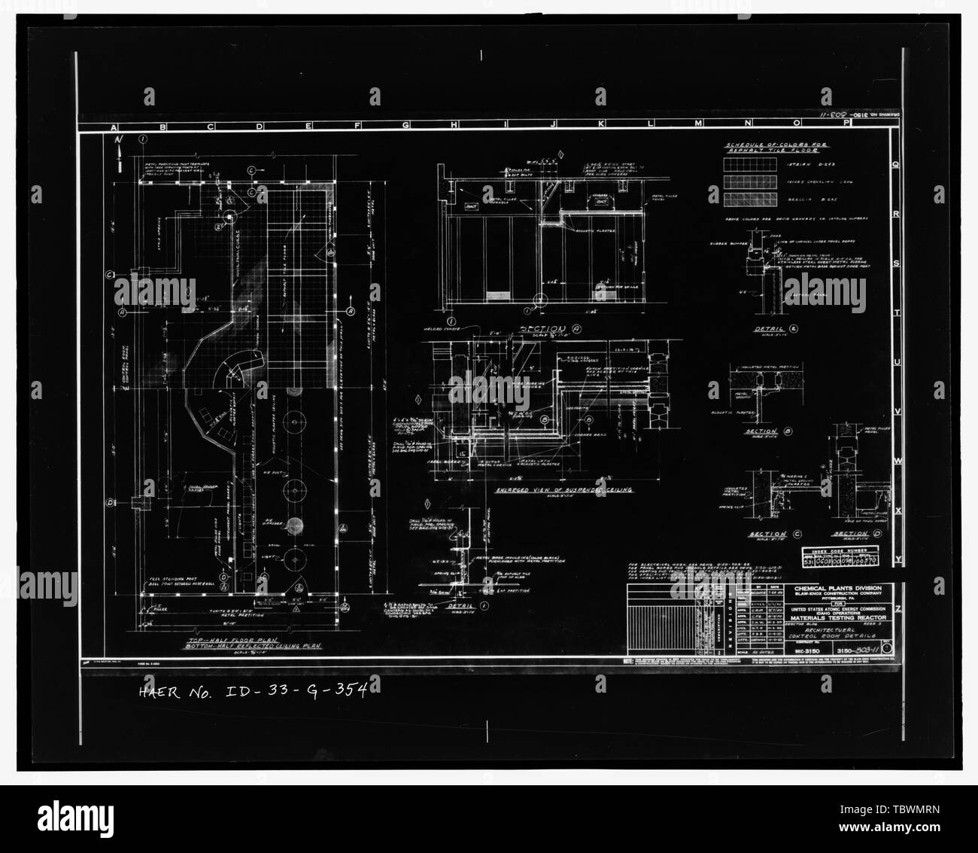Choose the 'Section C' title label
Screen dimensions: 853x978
[x=767, y=534]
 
